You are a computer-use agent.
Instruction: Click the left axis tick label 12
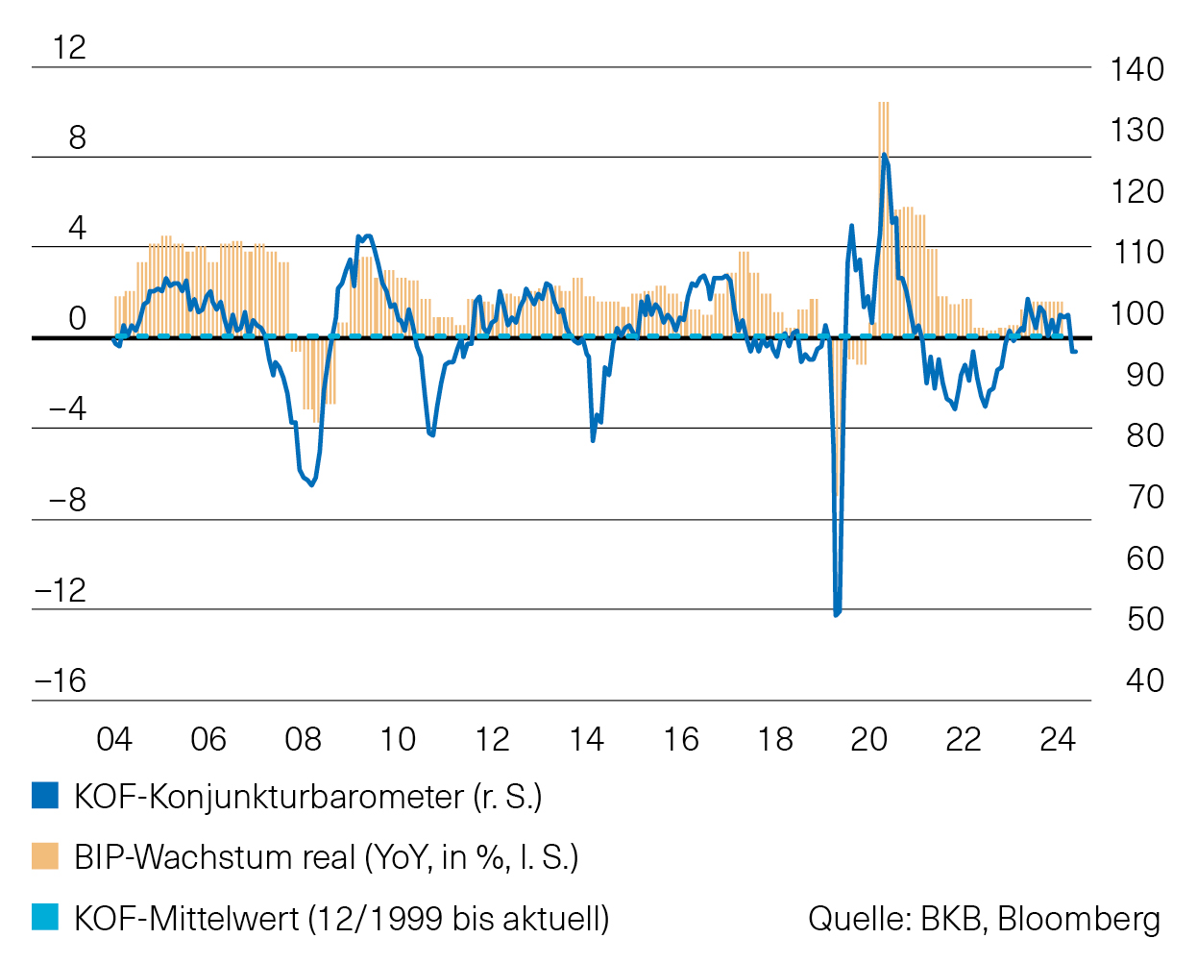pos(69,47)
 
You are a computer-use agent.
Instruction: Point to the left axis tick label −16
pos(61,680)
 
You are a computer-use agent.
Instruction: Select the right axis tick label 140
pos(1136,69)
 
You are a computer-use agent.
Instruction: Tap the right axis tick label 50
pos(1144,619)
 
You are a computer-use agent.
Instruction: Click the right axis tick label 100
pos(1136,313)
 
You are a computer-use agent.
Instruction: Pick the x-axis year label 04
pos(114,739)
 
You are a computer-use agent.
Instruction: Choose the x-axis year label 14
pos(586,739)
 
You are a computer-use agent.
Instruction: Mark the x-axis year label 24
pos(1058,739)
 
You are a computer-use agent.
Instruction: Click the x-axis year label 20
pos(868,739)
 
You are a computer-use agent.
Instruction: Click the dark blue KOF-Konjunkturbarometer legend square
pos(45,796)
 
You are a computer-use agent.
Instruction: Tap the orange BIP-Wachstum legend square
pos(45,856)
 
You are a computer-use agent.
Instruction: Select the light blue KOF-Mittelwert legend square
pos(45,917)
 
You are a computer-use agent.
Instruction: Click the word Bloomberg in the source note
pos(1079,919)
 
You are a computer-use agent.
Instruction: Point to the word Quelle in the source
pos(859,919)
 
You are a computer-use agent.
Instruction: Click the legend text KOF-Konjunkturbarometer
pos(268,797)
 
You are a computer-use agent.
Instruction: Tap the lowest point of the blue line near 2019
pos(836,613)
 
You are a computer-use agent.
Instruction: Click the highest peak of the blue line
pos(884,155)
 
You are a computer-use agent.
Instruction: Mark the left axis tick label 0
pos(77,318)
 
